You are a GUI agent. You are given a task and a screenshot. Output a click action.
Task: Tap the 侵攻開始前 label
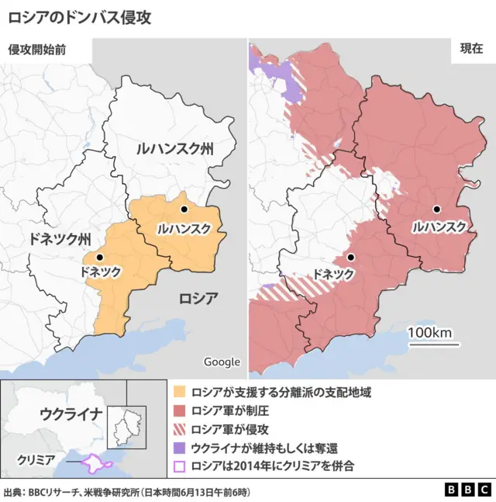point(36,49)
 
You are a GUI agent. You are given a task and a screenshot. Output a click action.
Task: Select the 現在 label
point(471,48)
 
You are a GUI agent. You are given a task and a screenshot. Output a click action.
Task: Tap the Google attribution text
point(222,362)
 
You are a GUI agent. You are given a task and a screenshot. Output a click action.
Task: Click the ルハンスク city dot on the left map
point(184,209)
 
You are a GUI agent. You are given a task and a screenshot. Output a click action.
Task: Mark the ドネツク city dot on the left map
point(99,257)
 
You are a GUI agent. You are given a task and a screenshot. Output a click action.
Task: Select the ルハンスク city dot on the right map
point(437,209)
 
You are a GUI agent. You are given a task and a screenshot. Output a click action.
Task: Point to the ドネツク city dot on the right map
point(351,257)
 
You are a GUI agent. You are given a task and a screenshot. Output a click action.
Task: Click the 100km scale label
point(429,333)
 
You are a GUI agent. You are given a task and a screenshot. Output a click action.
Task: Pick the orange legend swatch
point(180,393)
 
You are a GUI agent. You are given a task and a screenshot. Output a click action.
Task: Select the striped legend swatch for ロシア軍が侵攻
point(180,430)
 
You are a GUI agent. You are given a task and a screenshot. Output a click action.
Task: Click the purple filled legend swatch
point(180,448)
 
